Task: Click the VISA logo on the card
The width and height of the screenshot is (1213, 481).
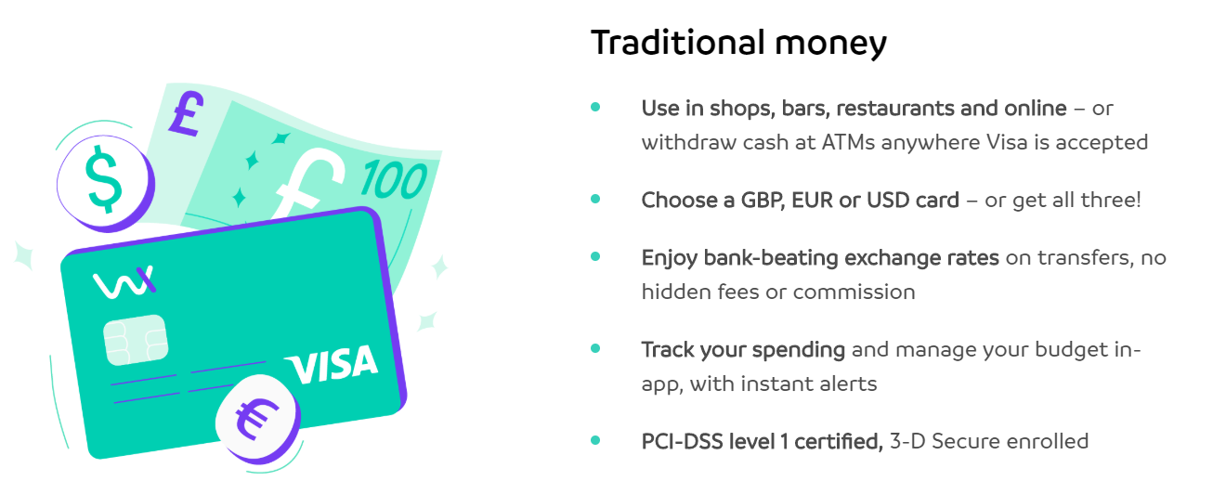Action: pyautogui.click(x=332, y=364)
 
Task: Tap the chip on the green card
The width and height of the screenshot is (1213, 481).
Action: pyautogui.click(x=136, y=340)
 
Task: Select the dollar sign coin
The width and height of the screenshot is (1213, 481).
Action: pyautogui.click(x=106, y=183)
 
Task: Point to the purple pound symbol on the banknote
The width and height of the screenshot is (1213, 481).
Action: pyautogui.click(x=187, y=112)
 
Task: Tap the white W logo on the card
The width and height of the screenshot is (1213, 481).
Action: pyautogui.click(x=124, y=282)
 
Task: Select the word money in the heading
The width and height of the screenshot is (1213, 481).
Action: pyautogui.click(x=830, y=45)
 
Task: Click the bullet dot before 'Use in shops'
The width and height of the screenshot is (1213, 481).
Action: pyautogui.click(x=595, y=108)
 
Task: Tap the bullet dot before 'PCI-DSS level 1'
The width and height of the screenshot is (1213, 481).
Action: pyautogui.click(x=595, y=440)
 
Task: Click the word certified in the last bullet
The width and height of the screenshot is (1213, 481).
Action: pyautogui.click(x=839, y=441)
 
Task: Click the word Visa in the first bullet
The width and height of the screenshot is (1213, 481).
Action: pyautogui.click(x=1007, y=142)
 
